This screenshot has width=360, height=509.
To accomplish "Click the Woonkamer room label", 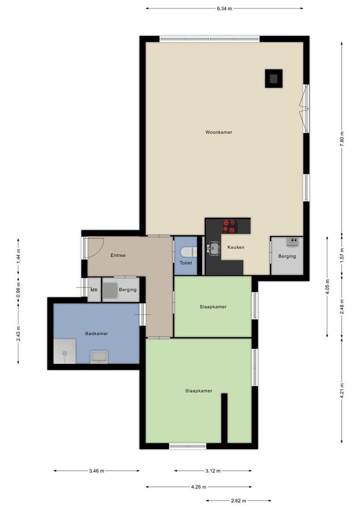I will tap(219, 132).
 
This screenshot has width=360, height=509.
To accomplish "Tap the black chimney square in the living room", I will tap(273, 78).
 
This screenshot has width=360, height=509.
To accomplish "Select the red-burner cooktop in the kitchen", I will tap(230, 226).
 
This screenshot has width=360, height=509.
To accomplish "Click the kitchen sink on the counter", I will tap(213, 248).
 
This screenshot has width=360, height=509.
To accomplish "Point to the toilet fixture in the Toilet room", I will tap(187, 252).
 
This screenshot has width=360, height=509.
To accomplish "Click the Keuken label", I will tap(236, 247).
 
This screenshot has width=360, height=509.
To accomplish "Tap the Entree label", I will tap(118, 255).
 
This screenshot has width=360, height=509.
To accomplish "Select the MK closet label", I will tap(94, 290).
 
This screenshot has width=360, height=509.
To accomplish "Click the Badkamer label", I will tap(97, 334).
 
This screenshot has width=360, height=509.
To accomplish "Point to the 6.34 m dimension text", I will tap(224, 8).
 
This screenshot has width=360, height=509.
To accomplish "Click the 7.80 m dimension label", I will tap(342, 140).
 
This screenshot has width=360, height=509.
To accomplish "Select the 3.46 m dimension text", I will tap(96, 470).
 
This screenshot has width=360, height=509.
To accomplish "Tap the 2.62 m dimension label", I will tap(238, 501).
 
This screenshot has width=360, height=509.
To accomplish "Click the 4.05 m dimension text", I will tap(327, 287).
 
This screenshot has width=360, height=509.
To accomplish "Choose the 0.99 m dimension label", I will tap(18, 288).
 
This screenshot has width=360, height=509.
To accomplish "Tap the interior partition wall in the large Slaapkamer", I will tap(224, 418).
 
